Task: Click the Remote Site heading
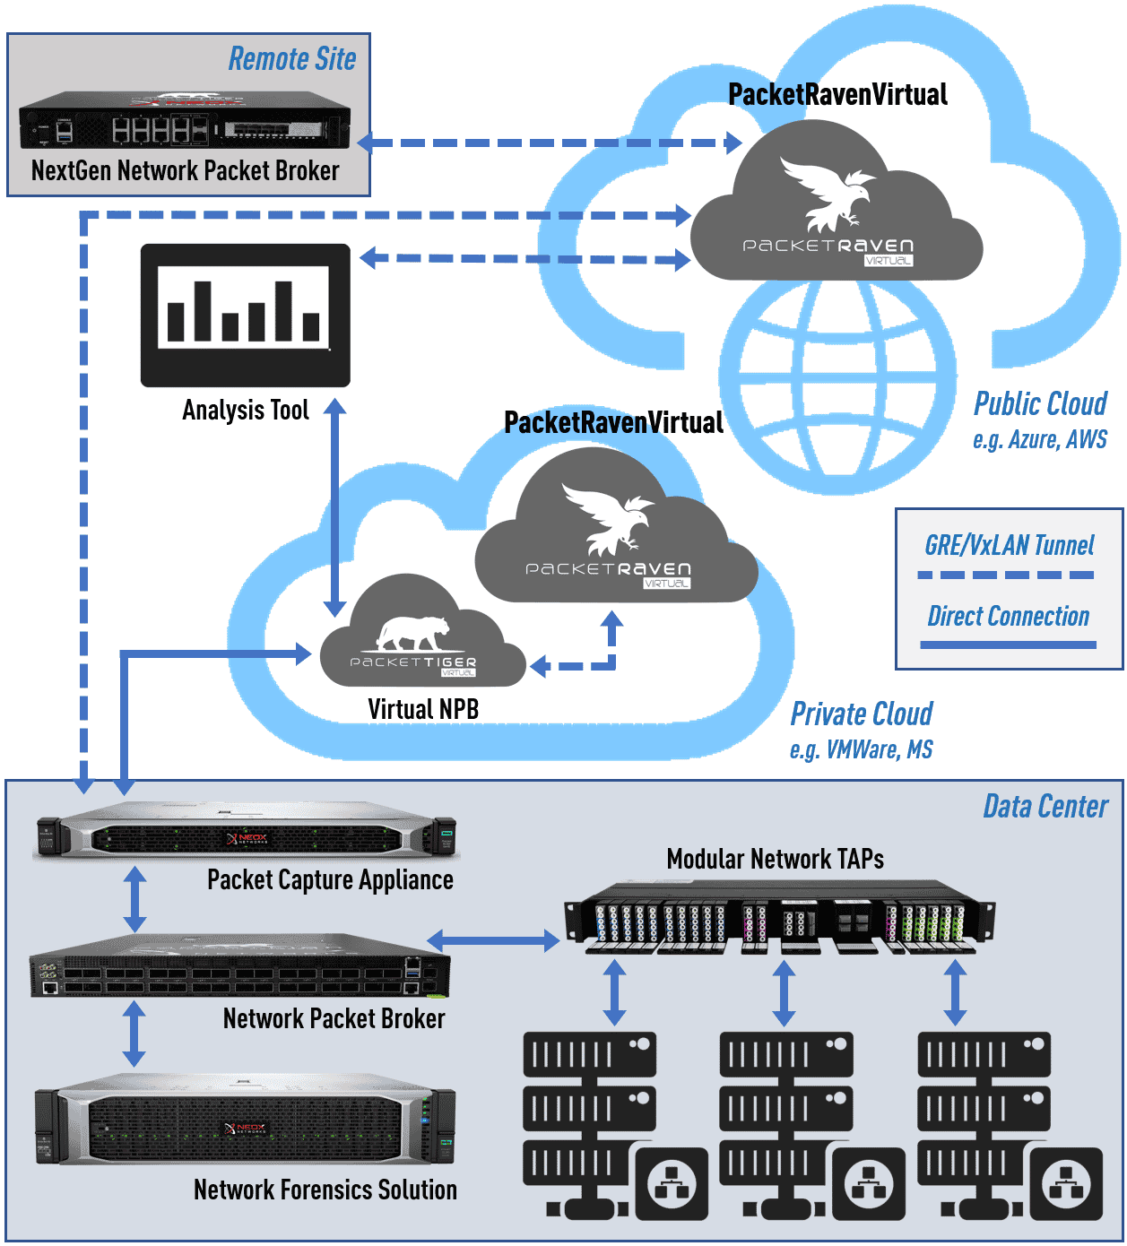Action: point(291,59)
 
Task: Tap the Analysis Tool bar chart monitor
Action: point(245,315)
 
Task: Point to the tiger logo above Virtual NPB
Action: point(412,633)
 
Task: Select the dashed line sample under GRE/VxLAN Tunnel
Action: point(1006,575)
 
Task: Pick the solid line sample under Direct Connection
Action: point(1008,644)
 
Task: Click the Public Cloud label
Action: point(1040,404)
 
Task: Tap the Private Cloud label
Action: point(861,714)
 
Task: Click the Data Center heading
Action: point(1045,807)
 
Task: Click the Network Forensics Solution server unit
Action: point(245,1124)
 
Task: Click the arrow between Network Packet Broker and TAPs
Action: point(493,940)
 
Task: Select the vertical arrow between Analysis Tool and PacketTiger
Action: point(334,507)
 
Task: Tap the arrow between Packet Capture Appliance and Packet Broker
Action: point(134,899)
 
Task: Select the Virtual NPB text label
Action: point(423,709)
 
